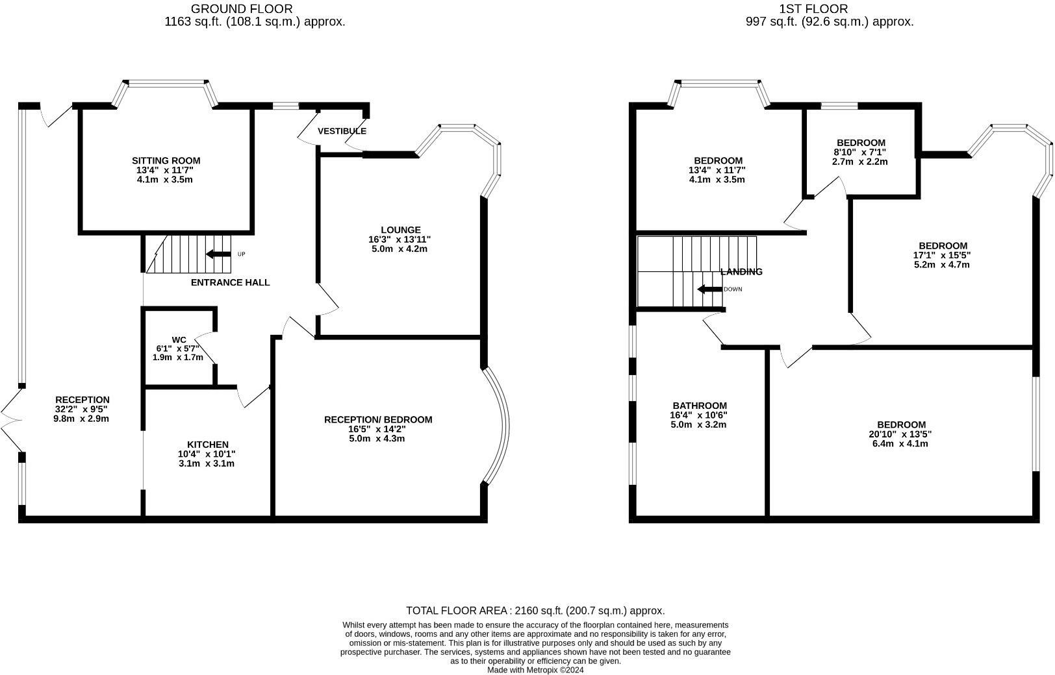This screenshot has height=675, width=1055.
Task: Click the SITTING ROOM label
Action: point(166,160)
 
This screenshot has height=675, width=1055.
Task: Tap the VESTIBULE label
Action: point(342,131)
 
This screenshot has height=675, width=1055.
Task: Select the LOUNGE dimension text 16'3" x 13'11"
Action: point(399,239)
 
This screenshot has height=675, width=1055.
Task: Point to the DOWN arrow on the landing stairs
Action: point(709,289)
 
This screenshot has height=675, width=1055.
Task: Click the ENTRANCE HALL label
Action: point(230,282)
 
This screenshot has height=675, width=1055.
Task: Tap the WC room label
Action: point(179,339)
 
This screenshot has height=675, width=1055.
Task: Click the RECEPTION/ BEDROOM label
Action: point(377,420)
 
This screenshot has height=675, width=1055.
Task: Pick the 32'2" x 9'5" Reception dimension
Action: point(81,410)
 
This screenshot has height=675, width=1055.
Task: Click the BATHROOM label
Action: point(699,406)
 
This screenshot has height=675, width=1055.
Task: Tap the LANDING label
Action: point(741,272)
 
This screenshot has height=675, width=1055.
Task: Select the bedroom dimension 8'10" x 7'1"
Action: point(860,153)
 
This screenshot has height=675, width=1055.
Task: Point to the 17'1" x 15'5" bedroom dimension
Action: point(942,255)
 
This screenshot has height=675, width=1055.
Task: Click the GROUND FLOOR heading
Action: point(241,8)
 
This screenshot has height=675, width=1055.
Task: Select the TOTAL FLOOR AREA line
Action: point(535,611)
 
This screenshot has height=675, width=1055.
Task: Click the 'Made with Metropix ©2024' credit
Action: point(535,670)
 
